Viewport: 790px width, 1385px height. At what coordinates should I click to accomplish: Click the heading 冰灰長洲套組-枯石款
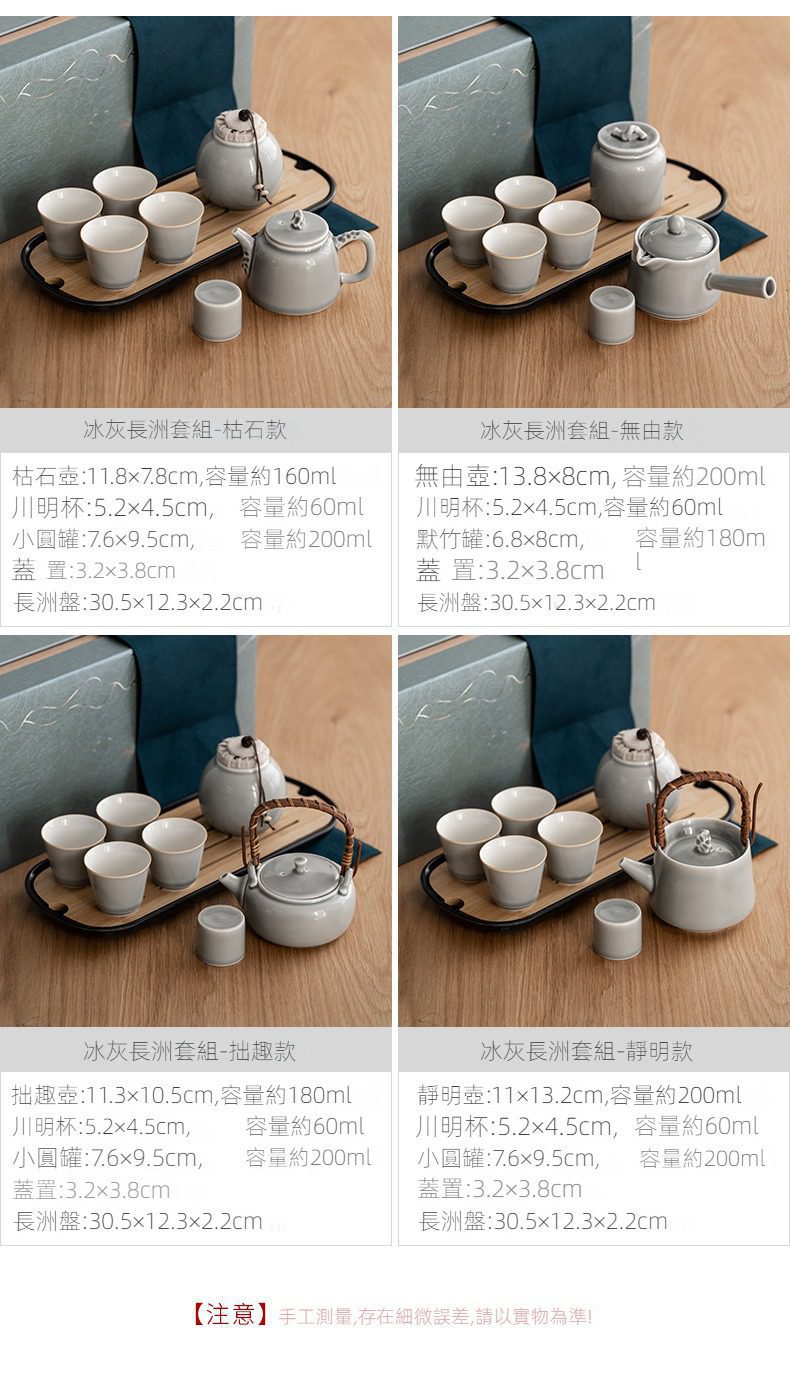click(x=185, y=430)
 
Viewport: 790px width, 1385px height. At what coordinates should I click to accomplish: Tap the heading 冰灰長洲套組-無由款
click(x=582, y=430)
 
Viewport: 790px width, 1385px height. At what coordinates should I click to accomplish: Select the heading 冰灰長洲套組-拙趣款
click(x=189, y=1050)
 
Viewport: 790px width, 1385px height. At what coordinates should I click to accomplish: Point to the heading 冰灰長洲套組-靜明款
click(x=586, y=1050)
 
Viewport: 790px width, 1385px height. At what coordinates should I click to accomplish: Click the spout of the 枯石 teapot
click(x=244, y=243)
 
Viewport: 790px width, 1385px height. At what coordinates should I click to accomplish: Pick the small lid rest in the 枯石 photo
click(x=216, y=309)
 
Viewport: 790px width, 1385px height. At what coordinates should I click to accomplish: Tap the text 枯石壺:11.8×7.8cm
click(x=105, y=476)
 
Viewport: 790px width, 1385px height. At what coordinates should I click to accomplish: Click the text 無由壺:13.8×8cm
click(x=512, y=476)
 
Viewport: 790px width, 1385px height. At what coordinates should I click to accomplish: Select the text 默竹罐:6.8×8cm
click(x=499, y=539)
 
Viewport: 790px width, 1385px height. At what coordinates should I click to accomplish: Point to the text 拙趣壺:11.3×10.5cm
click(x=113, y=1095)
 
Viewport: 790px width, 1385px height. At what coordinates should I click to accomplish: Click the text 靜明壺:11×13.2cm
click(x=509, y=1095)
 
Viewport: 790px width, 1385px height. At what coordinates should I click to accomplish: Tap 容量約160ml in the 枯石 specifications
click(x=270, y=476)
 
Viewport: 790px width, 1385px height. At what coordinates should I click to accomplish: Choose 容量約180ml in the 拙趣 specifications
click(x=285, y=1095)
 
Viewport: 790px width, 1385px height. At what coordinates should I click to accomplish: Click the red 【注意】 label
click(x=230, y=1315)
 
